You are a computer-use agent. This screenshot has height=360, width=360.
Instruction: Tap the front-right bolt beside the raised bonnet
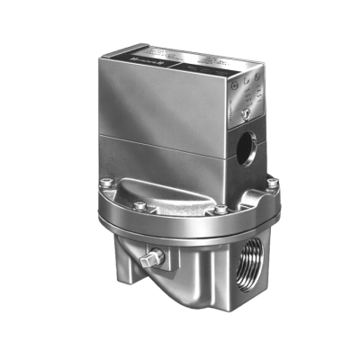tap(219, 211)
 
